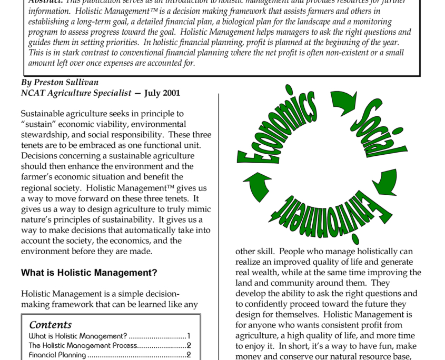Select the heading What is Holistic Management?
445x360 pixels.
pyautogui.click(x=88, y=273)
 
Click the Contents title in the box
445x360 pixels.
pyautogui.click(x=50, y=325)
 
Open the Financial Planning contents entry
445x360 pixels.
pyautogui.click(x=57, y=355)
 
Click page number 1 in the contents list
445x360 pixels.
pyautogui.click(x=188, y=336)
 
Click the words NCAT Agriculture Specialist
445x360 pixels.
pyautogui.click(x=76, y=93)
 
